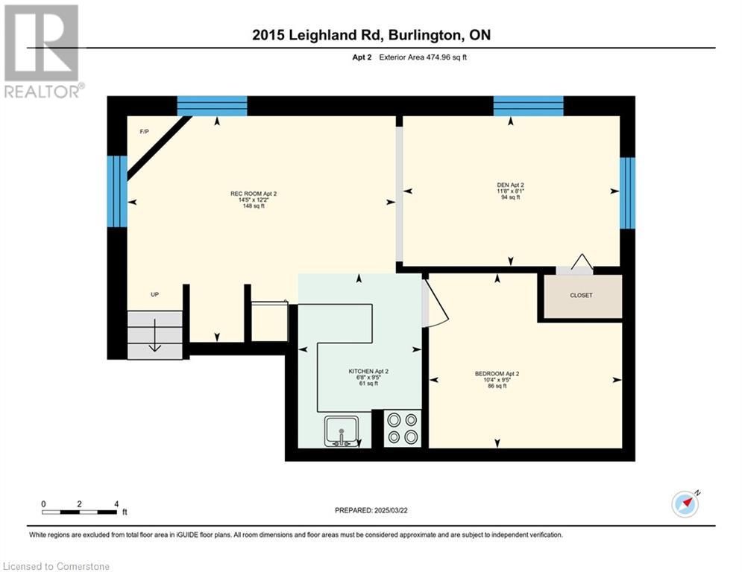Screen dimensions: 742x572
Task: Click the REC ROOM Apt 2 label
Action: point(254,194)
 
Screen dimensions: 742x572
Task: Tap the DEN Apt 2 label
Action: point(510,185)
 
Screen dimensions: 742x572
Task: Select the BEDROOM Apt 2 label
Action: point(497,373)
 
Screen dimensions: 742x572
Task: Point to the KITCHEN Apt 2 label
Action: point(368,371)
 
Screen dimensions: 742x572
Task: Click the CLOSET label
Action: point(581,295)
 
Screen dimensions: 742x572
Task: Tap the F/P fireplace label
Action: point(145,131)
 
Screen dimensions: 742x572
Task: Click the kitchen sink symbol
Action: point(342,431)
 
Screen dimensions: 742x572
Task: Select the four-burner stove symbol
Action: point(402,429)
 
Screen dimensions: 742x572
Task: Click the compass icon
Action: point(685,504)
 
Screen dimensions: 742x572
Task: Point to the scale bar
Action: point(80,512)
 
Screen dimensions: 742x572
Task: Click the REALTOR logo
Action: point(43,51)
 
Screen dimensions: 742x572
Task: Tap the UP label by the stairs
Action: point(155,294)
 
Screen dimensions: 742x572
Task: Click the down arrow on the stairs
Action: point(155,335)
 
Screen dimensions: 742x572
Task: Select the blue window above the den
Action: point(529,106)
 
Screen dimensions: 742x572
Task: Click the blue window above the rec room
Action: point(212,106)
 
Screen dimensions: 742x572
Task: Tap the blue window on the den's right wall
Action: point(627,193)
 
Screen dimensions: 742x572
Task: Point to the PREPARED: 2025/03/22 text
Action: point(371,510)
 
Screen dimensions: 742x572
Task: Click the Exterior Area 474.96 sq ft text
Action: point(423,57)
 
